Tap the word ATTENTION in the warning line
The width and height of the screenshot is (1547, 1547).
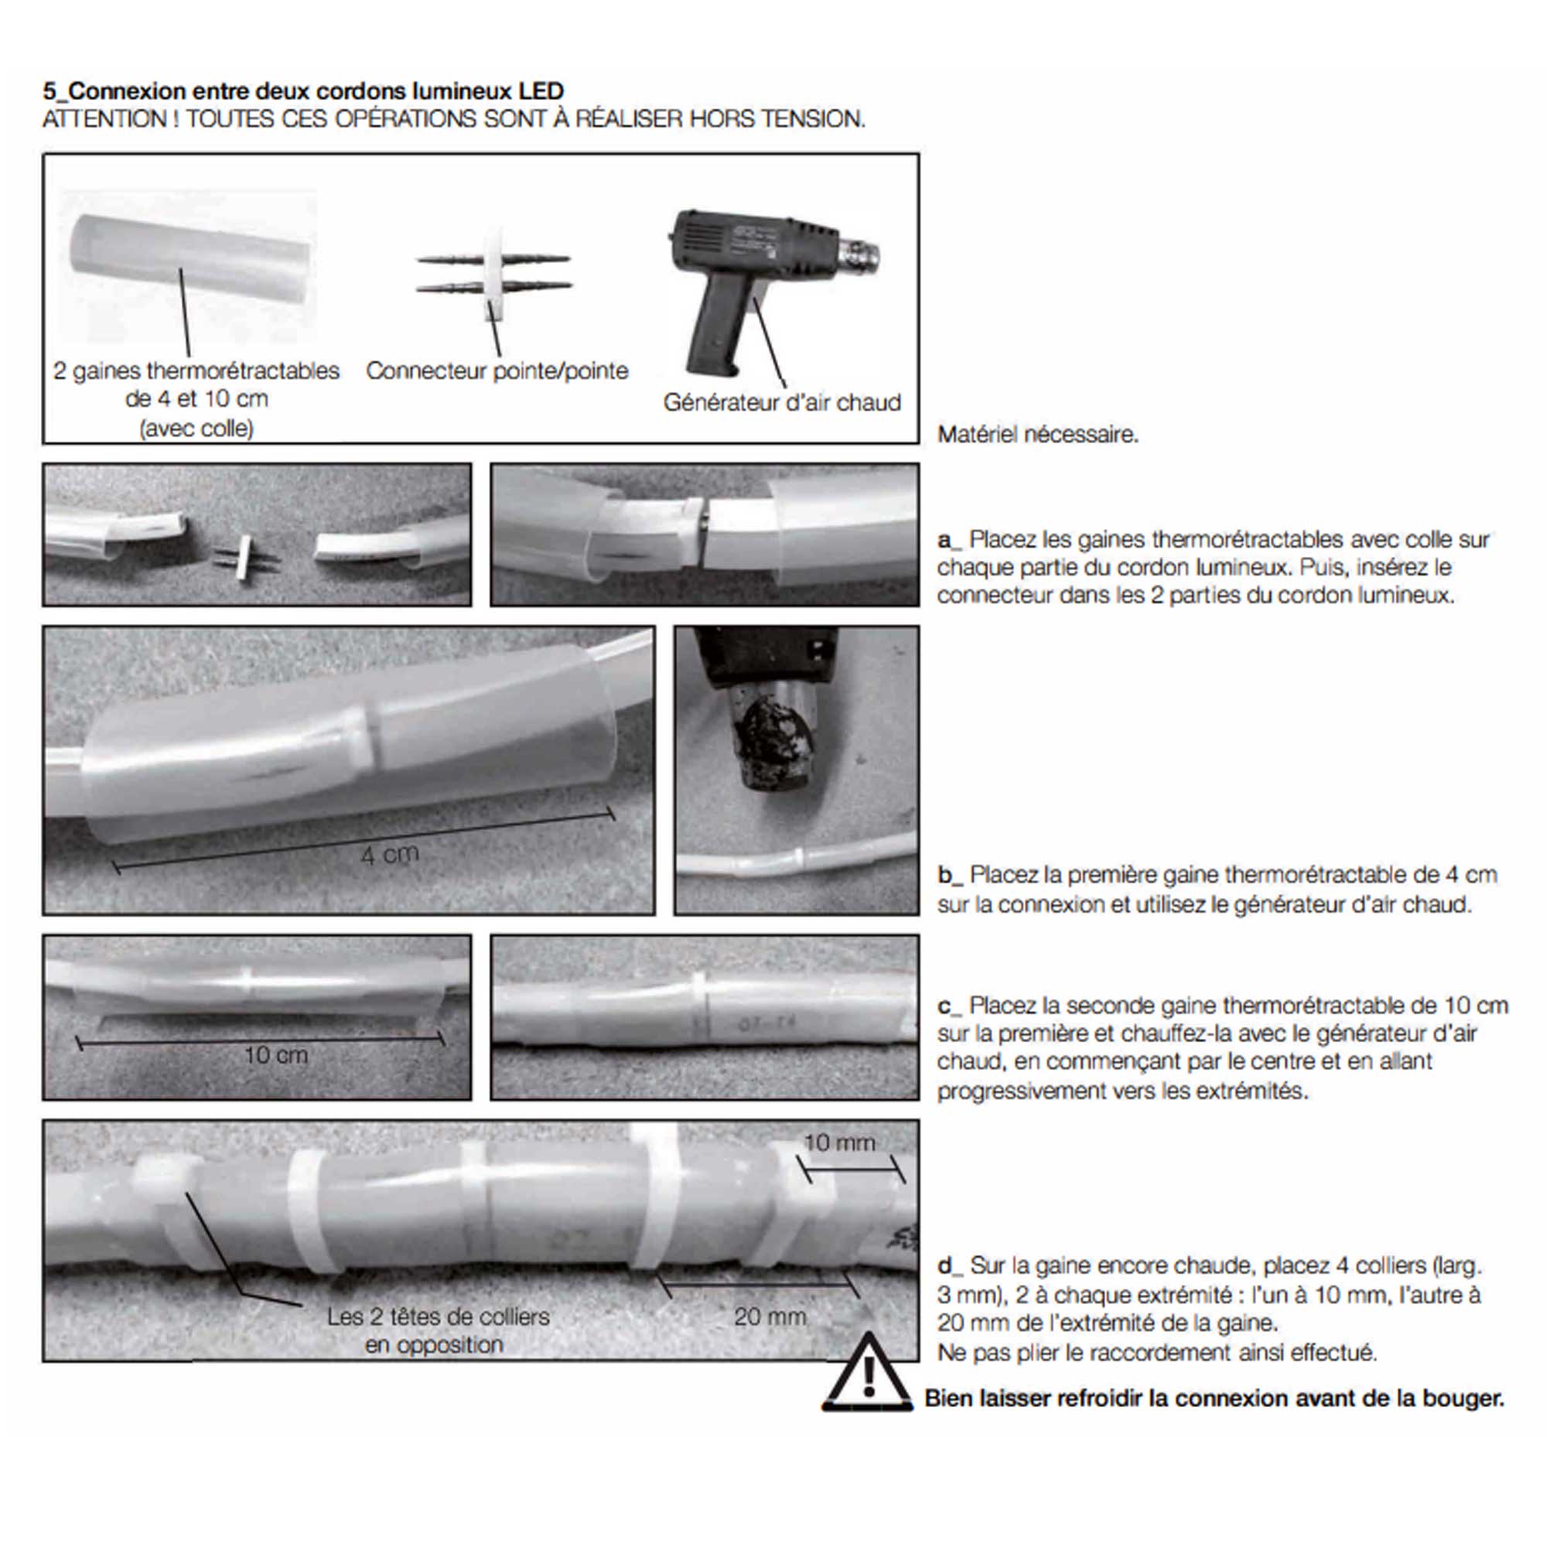tap(104, 119)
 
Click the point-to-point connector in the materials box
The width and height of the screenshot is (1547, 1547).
tap(494, 273)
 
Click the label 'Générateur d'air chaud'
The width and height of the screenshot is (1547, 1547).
tap(781, 402)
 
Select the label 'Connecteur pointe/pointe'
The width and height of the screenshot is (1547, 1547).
tap(497, 371)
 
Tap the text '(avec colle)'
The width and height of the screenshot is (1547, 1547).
tap(196, 429)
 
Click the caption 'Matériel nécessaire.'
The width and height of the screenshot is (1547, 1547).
tap(1037, 435)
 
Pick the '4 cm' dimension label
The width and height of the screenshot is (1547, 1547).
tap(389, 855)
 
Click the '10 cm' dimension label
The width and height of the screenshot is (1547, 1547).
tap(275, 1054)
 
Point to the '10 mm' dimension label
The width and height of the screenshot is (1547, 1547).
tap(838, 1142)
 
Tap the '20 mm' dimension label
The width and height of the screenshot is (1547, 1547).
tap(770, 1316)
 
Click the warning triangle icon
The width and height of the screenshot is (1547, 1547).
tap(866, 1374)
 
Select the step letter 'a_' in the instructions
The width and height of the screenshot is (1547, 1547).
tap(949, 540)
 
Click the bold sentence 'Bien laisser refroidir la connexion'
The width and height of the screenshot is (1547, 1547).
tap(1213, 1398)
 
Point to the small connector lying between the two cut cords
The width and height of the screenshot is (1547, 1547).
tap(244, 557)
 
